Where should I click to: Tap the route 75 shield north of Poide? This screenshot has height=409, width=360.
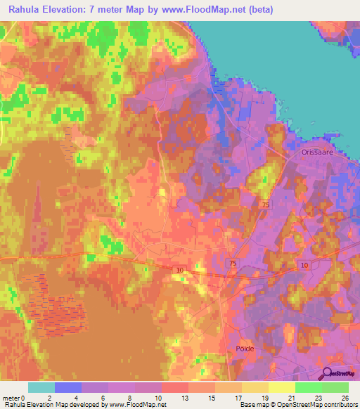(x=233, y=261)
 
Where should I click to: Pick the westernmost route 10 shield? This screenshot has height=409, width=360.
(x=180, y=269)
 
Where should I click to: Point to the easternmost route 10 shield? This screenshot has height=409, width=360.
(x=304, y=264)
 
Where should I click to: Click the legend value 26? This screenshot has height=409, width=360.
(x=344, y=397)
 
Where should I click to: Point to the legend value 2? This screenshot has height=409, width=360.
(x=49, y=397)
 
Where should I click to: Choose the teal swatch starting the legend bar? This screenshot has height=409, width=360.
(x=41, y=387)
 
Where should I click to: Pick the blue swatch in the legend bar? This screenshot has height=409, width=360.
(x=68, y=387)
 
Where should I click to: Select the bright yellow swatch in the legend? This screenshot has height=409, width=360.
(x=282, y=387)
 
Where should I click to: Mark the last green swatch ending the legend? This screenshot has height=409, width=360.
(x=335, y=387)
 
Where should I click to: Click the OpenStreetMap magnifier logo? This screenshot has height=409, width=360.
(x=327, y=375)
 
